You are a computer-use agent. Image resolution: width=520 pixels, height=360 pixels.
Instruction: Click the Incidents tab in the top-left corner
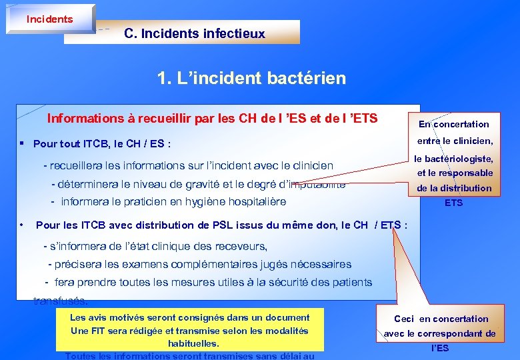[49, 19]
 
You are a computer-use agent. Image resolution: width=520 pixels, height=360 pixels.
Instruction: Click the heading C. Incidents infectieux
[194, 33]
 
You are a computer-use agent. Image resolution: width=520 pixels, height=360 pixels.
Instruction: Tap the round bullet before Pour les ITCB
[22, 225]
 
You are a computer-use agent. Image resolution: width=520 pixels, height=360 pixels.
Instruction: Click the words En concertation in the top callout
[453, 124]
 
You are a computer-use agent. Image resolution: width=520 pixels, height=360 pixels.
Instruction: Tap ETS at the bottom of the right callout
[453, 203]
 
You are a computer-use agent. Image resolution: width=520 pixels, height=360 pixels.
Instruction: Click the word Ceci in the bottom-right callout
[404, 319]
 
